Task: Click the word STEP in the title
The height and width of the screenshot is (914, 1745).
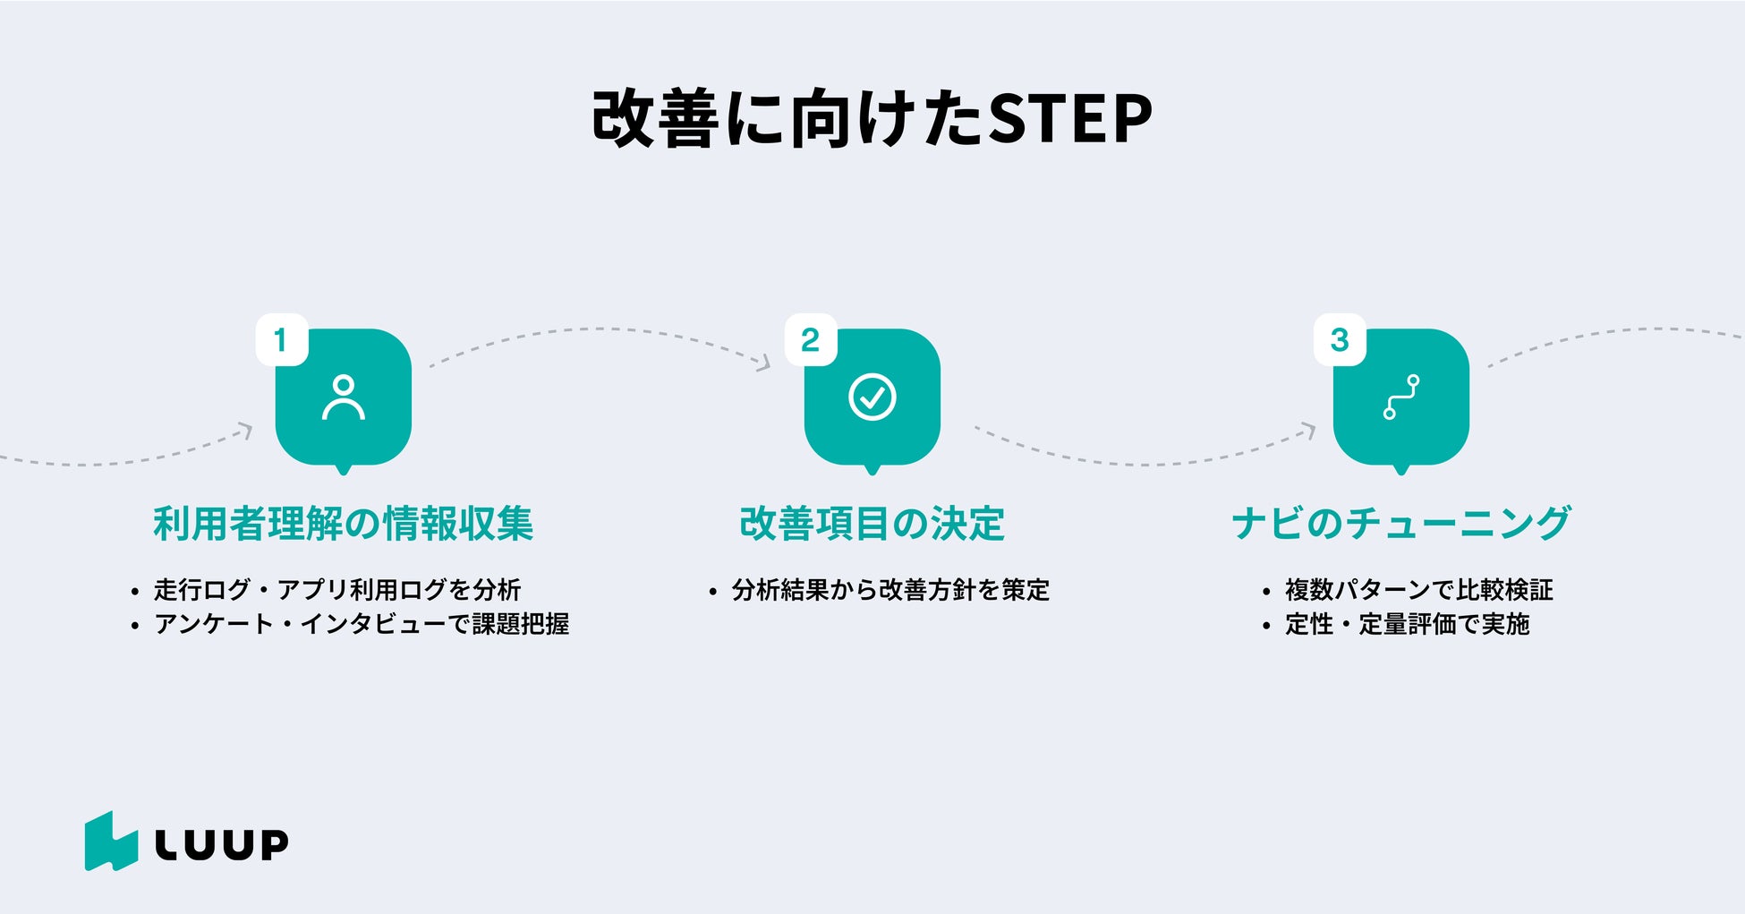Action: click(x=1070, y=118)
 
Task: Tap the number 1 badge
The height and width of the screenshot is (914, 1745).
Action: click(x=282, y=339)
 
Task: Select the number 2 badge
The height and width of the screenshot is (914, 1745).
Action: click(x=811, y=339)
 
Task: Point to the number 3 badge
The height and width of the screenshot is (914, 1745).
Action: click(x=1340, y=339)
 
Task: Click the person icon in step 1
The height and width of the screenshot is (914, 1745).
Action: click(x=344, y=397)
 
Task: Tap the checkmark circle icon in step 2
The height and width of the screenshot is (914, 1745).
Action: click(x=872, y=397)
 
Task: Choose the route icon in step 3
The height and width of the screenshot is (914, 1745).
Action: click(x=1401, y=397)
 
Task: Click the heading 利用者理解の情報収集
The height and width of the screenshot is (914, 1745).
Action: click(x=344, y=524)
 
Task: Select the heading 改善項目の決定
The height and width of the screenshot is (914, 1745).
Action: click(x=872, y=524)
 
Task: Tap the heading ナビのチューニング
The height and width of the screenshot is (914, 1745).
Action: click(x=1401, y=524)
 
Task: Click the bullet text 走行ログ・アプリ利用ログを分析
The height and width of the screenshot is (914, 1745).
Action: click(x=337, y=590)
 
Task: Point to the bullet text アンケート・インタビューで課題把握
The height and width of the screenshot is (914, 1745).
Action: click(x=362, y=624)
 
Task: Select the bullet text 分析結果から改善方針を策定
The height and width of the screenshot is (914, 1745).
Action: click(x=891, y=590)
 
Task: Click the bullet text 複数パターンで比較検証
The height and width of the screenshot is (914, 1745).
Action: click(x=1419, y=590)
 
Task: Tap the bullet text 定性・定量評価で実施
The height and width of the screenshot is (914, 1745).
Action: click(x=1408, y=624)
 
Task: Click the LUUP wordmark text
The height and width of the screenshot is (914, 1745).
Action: click(x=222, y=844)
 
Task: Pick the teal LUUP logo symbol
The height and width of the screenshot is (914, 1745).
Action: click(x=112, y=841)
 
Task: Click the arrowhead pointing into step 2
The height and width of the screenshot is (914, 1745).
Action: click(x=763, y=363)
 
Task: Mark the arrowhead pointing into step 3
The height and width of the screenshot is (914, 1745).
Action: click(x=1308, y=431)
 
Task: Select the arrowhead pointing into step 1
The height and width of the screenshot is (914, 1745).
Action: click(x=244, y=431)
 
